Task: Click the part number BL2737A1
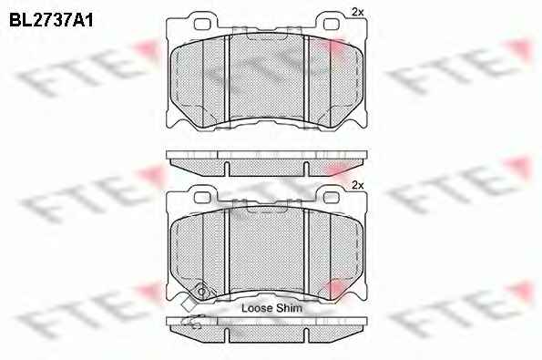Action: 51,20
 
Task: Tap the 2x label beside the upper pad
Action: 358,12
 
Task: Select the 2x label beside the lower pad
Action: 358,185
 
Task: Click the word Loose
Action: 256,308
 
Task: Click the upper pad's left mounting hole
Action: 202,25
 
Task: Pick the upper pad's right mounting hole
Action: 332,25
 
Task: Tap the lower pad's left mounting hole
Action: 202,197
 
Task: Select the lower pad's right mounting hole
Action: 332,197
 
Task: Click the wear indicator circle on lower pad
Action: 201,293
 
